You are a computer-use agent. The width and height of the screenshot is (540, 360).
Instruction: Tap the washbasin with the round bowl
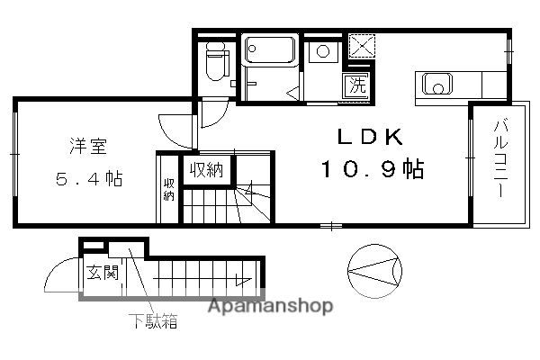(322, 52)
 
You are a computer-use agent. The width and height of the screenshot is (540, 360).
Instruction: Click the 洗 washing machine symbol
(357, 87)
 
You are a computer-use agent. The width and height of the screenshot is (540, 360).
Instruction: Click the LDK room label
(368, 137)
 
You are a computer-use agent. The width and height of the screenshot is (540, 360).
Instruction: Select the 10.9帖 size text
(369, 169)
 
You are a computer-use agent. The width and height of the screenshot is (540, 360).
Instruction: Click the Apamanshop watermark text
(270, 305)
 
